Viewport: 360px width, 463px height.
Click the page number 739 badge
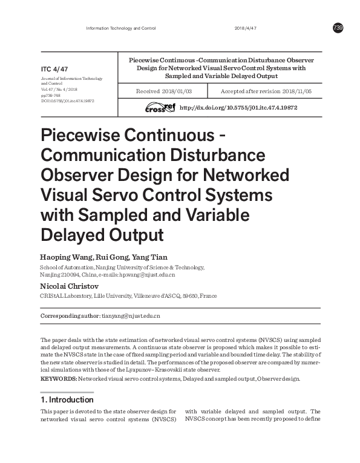[x=338, y=28]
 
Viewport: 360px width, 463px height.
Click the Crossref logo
[x=159, y=107]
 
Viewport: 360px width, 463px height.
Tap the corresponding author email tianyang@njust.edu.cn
[x=131, y=316]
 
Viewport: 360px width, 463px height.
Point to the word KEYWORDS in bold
[x=57, y=378]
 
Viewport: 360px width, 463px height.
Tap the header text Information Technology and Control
[x=121, y=28]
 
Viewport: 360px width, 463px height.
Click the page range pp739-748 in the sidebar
[x=51, y=95]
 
